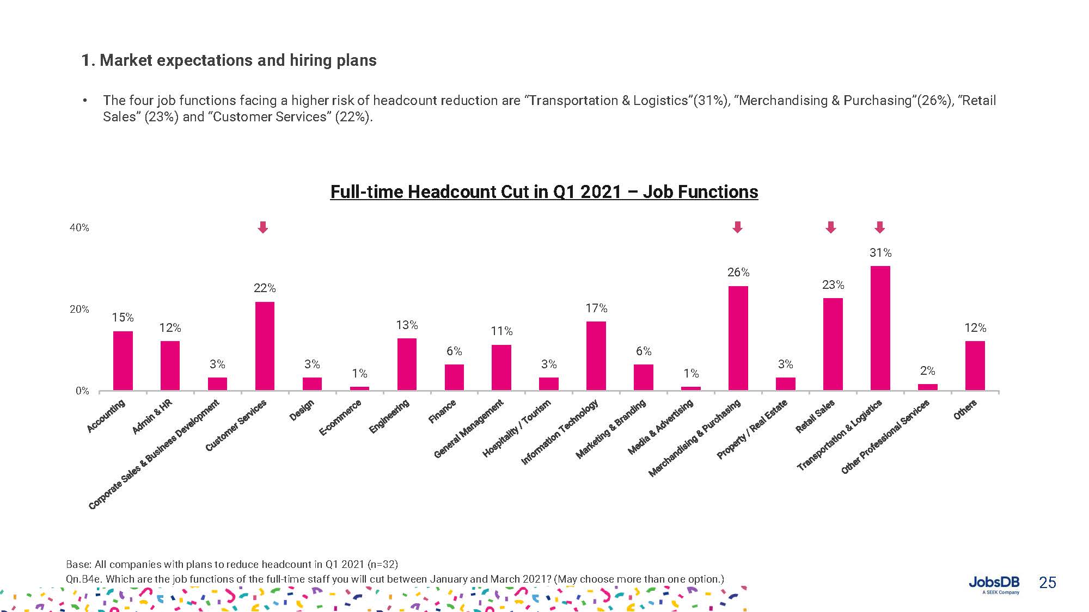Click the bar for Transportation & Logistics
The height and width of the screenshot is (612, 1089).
point(880,328)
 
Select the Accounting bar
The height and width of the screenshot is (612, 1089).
point(123,361)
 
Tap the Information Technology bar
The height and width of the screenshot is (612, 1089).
point(596,356)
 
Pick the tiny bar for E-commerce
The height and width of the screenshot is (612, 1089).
point(359,388)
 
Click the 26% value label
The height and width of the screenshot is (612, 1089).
point(738,272)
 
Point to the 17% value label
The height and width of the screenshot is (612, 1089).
point(596,308)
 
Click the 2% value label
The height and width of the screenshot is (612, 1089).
point(927,371)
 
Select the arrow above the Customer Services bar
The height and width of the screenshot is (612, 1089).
point(263,227)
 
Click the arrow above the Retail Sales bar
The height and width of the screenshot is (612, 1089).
point(830,227)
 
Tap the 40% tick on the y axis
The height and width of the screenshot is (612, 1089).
point(79,228)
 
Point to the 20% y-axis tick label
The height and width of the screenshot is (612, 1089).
point(79,310)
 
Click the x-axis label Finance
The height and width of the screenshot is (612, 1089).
point(442,411)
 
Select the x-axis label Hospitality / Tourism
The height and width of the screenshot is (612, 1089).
point(517,428)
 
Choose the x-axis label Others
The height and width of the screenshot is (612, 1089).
point(965,410)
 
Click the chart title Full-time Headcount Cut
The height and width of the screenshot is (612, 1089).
point(544,192)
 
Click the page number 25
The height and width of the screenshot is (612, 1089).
point(1047,583)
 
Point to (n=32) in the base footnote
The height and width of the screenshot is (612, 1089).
point(383,564)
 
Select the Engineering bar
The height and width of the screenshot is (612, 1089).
point(407,364)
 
